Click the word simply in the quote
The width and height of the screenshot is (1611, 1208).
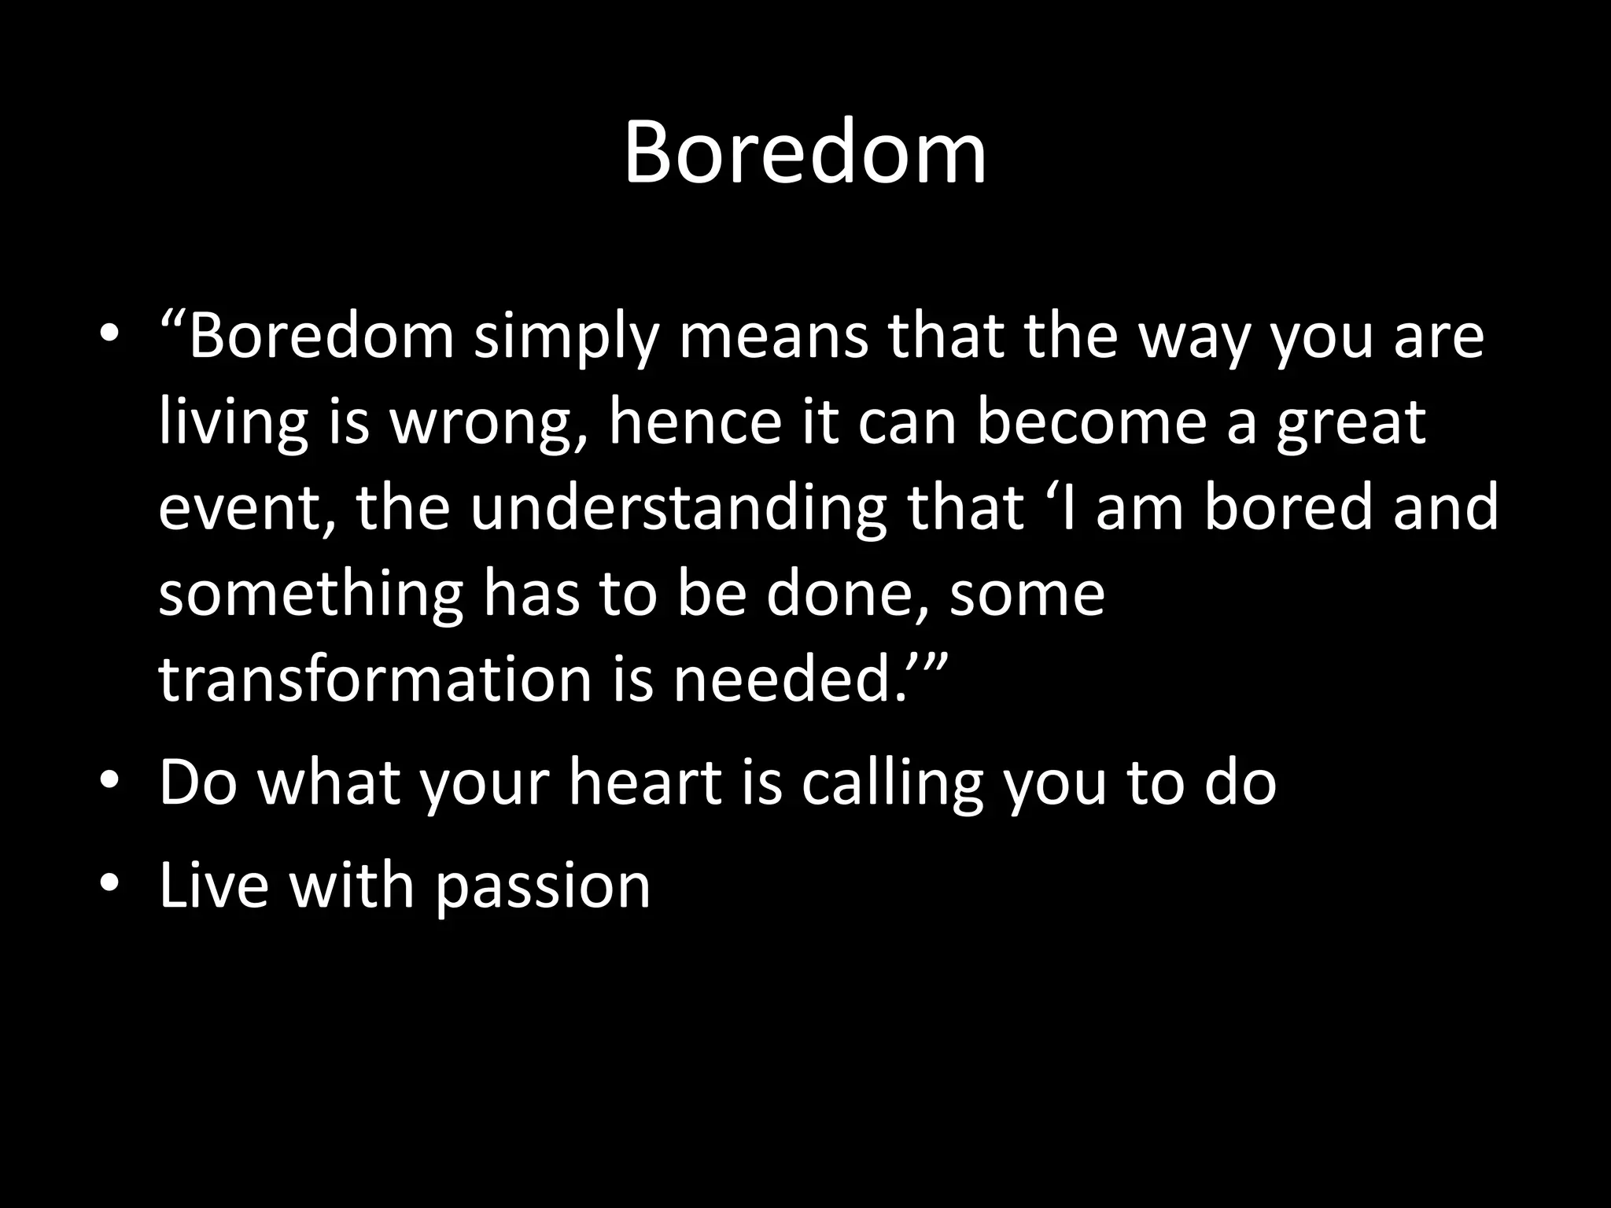pos(566,337)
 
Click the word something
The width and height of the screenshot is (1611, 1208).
pos(311,594)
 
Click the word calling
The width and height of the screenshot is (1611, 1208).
pos(891,783)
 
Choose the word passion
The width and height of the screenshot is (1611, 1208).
pos(542,886)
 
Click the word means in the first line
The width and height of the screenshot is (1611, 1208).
pos(773,337)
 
